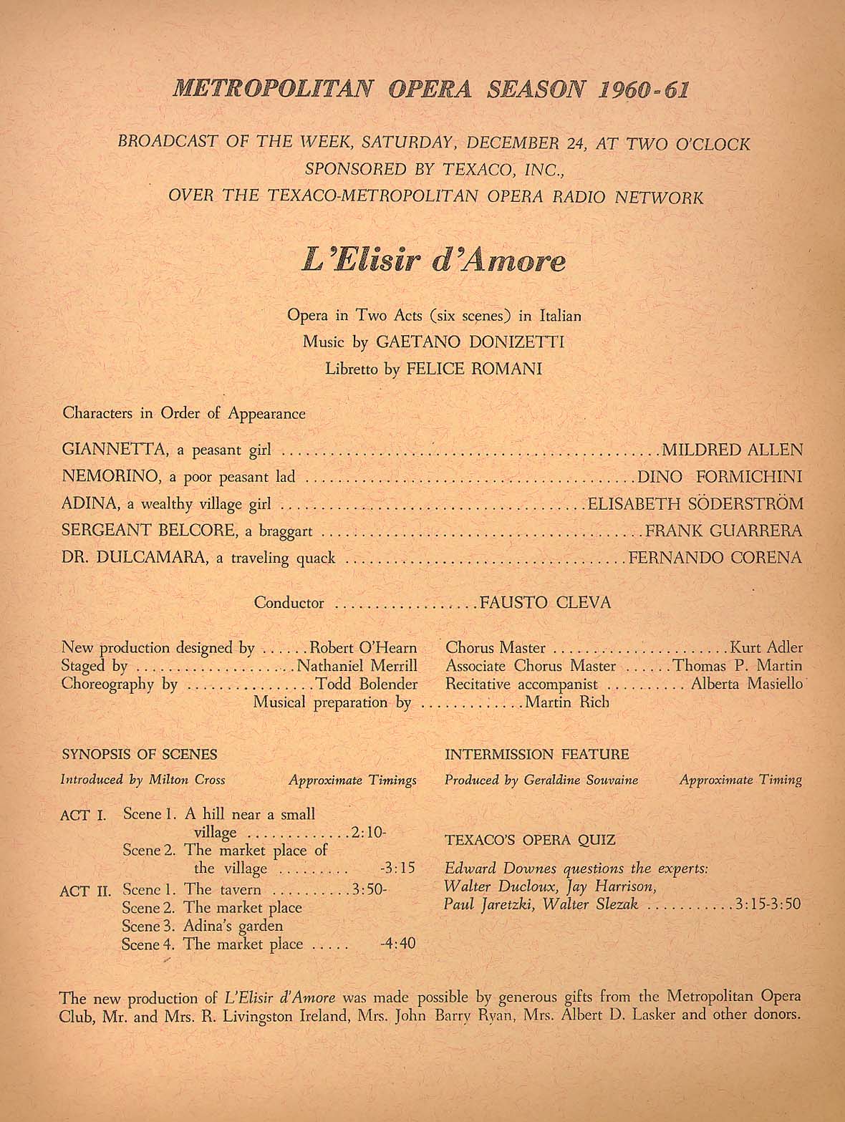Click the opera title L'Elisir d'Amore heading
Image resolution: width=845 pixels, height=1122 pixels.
pyautogui.click(x=433, y=260)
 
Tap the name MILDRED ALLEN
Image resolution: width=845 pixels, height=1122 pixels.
pyautogui.click(x=732, y=450)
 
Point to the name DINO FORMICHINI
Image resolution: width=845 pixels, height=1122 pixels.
pyautogui.click(x=720, y=477)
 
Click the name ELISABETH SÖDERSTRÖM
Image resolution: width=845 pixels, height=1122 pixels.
pyautogui.click(x=695, y=504)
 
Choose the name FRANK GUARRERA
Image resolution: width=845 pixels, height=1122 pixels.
pyautogui.click(x=723, y=531)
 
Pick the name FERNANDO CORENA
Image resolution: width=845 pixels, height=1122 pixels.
pyautogui.click(x=715, y=557)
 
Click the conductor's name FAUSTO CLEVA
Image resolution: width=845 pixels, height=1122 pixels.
pyautogui.click(x=545, y=603)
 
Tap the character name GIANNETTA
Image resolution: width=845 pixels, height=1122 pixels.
pyautogui.click(x=114, y=450)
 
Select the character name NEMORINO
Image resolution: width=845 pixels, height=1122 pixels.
pyautogui.click(x=113, y=477)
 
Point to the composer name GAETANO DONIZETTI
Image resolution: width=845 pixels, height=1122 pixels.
pyautogui.click(x=470, y=342)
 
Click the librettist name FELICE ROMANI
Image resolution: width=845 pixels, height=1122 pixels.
pyautogui.click(x=474, y=369)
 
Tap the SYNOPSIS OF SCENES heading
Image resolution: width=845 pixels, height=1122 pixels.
pyautogui.click(x=140, y=754)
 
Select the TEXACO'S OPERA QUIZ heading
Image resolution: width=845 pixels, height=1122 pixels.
pyautogui.click(x=530, y=840)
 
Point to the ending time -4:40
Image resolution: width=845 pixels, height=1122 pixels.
pyautogui.click(x=397, y=943)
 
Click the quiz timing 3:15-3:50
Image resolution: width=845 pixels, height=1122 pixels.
pyautogui.click(x=768, y=904)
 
